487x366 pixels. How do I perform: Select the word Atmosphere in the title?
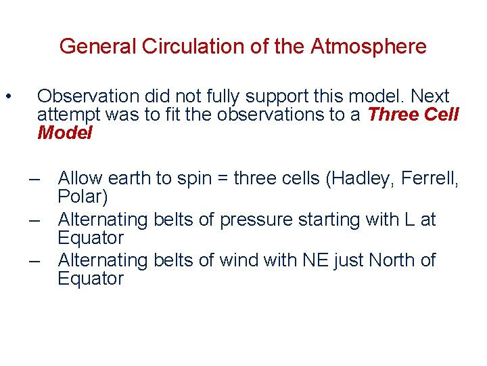pyautogui.click(x=369, y=47)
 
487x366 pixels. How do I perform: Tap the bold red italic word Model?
pyautogui.click(x=65, y=133)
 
